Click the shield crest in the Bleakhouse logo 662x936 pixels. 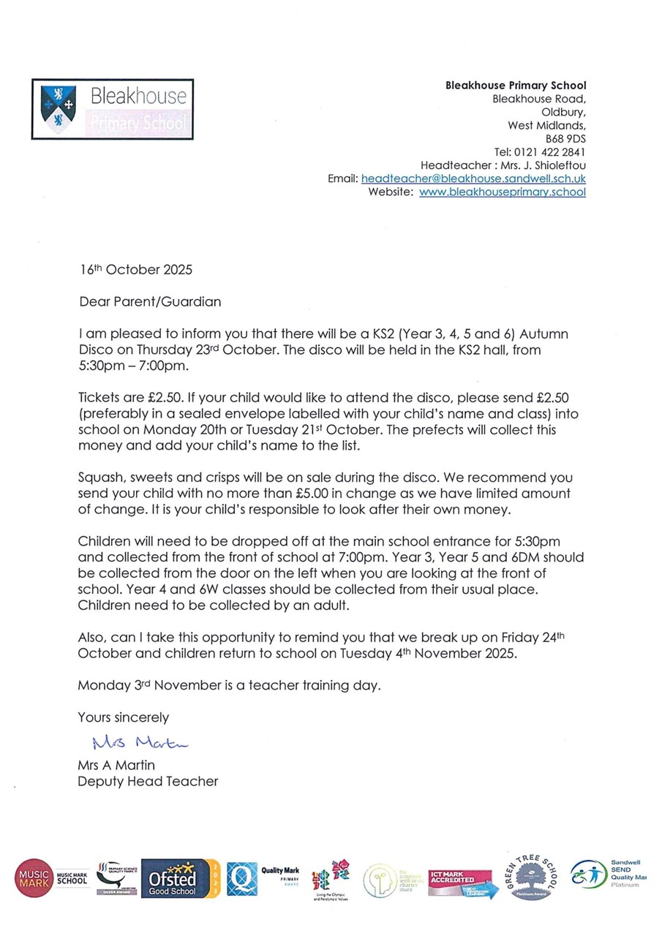(x=59, y=109)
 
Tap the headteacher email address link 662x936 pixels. (x=473, y=178)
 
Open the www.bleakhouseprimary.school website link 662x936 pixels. (x=502, y=192)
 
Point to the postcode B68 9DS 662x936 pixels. (x=565, y=138)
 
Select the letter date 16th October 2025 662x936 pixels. (x=135, y=270)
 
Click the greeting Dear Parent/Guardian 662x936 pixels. (x=149, y=301)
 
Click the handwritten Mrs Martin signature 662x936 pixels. (x=140, y=744)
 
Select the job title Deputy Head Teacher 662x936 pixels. (x=148, y=781)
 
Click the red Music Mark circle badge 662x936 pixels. (x=34, y=877)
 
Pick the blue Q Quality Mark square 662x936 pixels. (x=241, y=877)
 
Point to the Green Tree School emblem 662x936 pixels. (x=533, y=875)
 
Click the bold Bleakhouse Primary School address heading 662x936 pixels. (x=516, y=86)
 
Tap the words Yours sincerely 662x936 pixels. (x=123, y=717)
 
